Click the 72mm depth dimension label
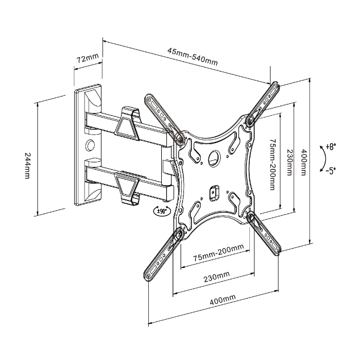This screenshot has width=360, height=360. tap(88, 58)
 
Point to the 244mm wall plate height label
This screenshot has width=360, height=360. tap(27, 165)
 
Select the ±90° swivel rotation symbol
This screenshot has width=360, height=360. tap(161, 210)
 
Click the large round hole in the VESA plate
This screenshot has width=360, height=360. tap(215, 156)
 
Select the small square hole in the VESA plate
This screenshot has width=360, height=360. tap(215, 191)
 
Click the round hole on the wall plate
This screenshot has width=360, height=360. tap(90, 144)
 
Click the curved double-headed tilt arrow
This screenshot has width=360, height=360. tap(321, 158)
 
